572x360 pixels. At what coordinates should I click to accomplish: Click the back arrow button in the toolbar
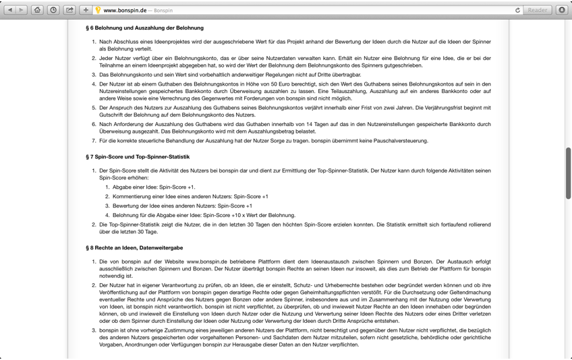click(x=10, y=10)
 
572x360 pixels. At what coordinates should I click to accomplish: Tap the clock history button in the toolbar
click(x=53, y=10)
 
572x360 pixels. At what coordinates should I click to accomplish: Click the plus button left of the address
click(x=86, y=10)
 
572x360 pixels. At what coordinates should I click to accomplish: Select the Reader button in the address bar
click(x=538, y=10)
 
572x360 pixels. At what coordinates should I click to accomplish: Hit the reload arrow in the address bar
click(x=517, y=10)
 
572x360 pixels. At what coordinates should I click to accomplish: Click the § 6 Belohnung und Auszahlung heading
click(x=144, y=28)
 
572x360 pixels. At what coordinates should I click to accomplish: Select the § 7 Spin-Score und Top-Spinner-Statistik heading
click(x=138, y=157)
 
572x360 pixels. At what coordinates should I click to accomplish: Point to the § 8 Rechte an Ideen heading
click(x=134, y=248)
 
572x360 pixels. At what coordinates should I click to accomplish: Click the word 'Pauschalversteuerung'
click(x=400, y=141)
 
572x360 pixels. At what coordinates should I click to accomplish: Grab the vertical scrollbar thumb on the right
click(x=568, y=173)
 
